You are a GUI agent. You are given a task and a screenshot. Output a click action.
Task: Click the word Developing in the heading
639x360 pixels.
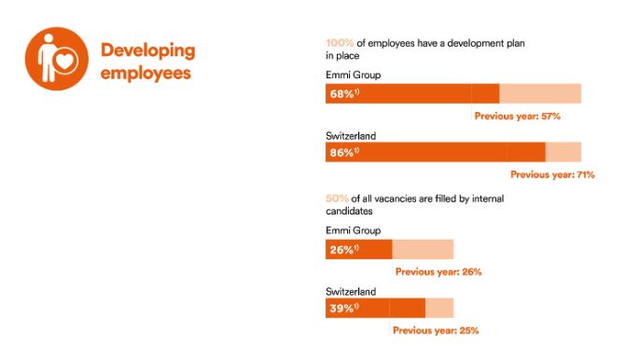pos(147,49)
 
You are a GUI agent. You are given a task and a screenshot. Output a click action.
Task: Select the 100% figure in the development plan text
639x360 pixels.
pos(339,43)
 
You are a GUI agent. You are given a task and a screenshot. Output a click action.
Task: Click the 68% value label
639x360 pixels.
pos(342,94)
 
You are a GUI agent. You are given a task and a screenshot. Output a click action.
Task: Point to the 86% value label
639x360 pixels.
pos(342,152)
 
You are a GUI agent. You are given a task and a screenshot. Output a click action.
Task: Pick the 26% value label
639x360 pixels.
pos(342,250)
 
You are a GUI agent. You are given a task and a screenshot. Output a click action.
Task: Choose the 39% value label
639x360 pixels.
pos(342,308)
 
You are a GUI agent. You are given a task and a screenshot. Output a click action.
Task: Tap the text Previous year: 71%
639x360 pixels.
pos(552,174)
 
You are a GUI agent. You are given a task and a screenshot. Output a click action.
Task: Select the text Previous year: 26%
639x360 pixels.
pos(438,272)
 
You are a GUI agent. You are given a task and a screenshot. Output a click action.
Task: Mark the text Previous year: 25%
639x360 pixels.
pos(436,330)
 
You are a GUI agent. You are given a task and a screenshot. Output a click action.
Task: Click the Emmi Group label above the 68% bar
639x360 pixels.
pos(352,74)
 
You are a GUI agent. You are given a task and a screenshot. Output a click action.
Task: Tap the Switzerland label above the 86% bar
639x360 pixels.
pos(351,134)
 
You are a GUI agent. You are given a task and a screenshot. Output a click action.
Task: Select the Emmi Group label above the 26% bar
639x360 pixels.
pos(352,230)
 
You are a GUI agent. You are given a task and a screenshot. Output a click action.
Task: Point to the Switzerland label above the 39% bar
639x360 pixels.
pos(351,291)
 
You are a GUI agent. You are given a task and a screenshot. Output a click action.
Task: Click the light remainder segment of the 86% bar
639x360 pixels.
pos(563,152)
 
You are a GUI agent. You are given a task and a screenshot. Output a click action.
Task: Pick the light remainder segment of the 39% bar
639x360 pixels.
pos(438,308)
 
